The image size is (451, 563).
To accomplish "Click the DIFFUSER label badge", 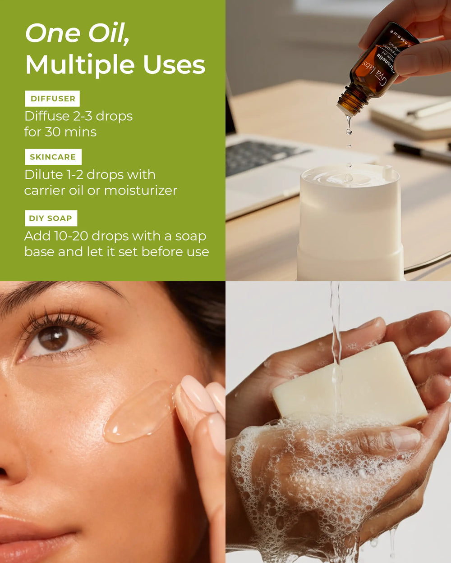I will coord(53,99).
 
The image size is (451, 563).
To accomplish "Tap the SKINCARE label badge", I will coord(53,157).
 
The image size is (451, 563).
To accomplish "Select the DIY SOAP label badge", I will coord(51,218).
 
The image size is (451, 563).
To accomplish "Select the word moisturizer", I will coord(141,191).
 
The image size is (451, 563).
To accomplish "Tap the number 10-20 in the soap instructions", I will coord(70,236).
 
